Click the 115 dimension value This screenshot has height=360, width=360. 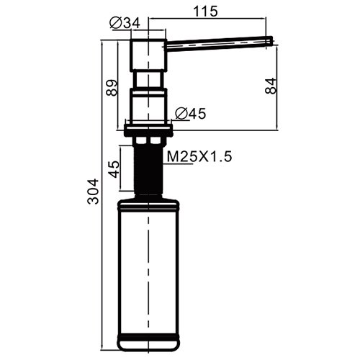point(205,12)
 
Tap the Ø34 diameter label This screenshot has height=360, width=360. point(125,23)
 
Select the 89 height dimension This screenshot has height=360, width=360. point(112,88)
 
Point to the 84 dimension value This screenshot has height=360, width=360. point(271,86)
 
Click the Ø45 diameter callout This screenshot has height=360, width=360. point(191,113)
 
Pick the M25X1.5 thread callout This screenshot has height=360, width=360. point(199,157)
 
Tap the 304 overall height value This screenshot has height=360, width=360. point(93,192)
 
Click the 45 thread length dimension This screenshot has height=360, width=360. point(114,169)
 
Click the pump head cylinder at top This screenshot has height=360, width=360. point(148,55)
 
